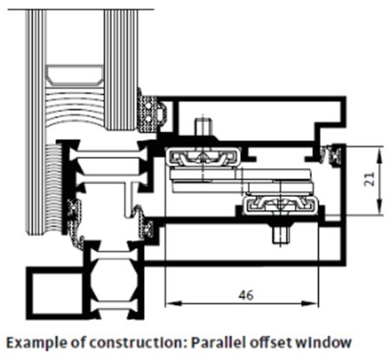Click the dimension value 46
tap(246, 295)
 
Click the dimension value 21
tap(370, 180)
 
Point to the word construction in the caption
tap(137, 343)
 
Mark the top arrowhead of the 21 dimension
tap(380, 154)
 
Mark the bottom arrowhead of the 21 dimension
tap(380, 207)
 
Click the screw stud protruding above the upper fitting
tap(203, 127)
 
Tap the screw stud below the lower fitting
tap(281, 234)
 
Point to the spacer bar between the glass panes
tap(75, 75)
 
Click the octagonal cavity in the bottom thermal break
tap(114, 279)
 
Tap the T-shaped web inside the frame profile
tap(129, 197)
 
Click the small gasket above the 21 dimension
tap(333, 155)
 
